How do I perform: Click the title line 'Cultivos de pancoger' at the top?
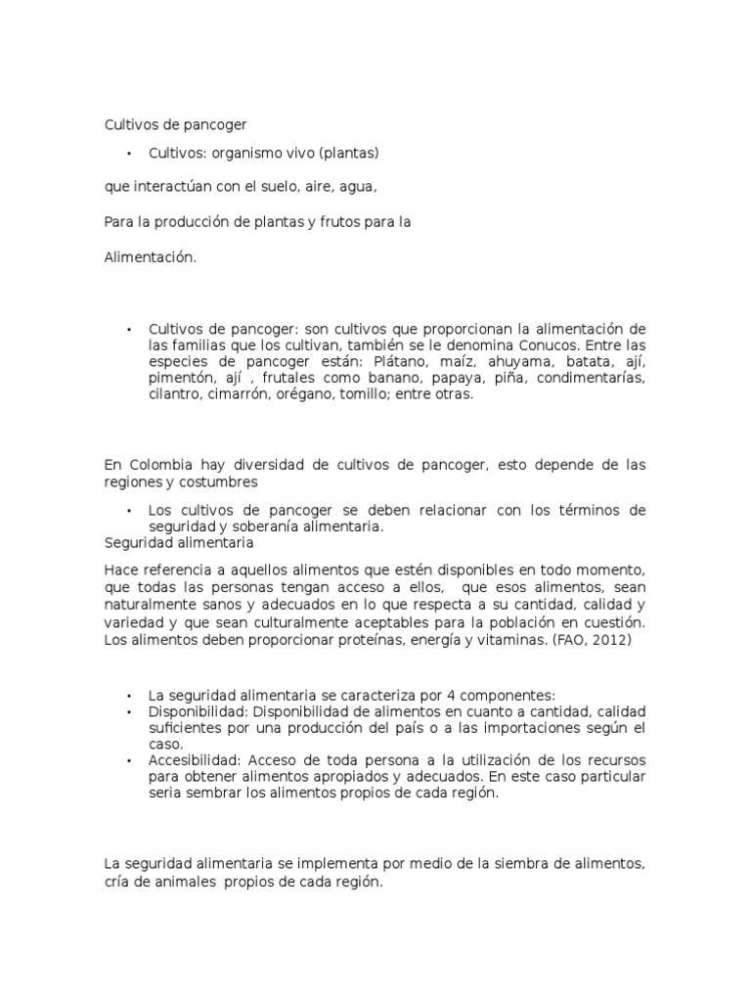click(175, 125)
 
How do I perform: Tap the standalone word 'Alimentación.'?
click(151, 257)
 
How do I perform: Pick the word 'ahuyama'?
click(511, 361)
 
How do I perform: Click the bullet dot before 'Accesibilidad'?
click(128, 759)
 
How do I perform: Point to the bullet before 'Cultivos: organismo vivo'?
click(128, 153)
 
